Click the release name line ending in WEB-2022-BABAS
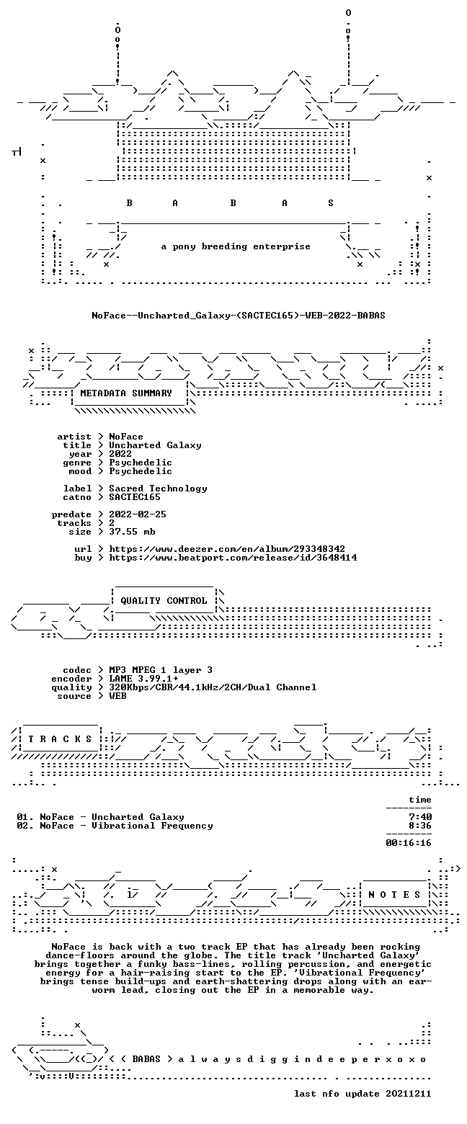[x=238, y=316]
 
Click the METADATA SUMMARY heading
[x=126, y=393]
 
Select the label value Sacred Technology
[x=158, y=489]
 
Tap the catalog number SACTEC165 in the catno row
[x=135, y=497]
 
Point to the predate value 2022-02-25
[x=138, y=514]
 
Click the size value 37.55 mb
[x=132, y=532]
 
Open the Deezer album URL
[x=227, y=549]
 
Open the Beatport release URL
[x=233, y=558]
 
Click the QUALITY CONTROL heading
[x=164, y=601]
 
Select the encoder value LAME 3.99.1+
[x=143, y=679]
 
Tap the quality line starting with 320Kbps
[x=213, y=687]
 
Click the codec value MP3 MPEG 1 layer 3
[x=161, y=670]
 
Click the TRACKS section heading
[x=61, y=739]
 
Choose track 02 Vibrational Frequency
[x=115, y=826]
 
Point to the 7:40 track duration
[x=420, y=817]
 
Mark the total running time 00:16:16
[x=409, y=843]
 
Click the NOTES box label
[x=394, y=895]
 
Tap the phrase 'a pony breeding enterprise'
[x=236, y=246]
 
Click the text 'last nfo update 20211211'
[x=363, y=1094]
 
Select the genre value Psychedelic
[x=141, y=463]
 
